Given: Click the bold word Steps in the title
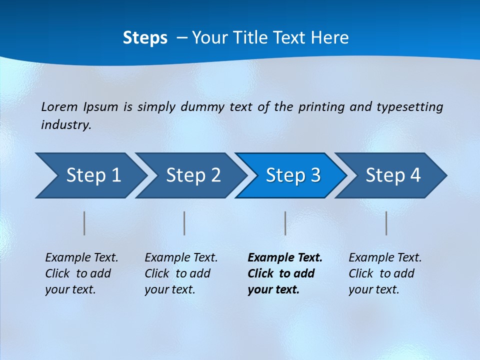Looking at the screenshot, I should pyautogui.click(x=145, y=38).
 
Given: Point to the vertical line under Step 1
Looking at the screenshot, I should pyautogui.click(x=84, y=223).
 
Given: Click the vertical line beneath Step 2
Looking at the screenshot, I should pyautogui.click(x=184, y=223).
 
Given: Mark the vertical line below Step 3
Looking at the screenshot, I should pyautogui.click(x=285, y=223).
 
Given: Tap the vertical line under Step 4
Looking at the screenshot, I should pyautogui.click(x=386, y=223).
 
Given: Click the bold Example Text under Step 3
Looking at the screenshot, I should pyautogui.click(x=285, y=258).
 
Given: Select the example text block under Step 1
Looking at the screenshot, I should pyautogui.click(x=81, y=273).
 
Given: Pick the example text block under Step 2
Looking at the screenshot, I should pyautogui.click(x=181, y=273).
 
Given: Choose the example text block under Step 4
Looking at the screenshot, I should pyautogui.click(x=385, y=273).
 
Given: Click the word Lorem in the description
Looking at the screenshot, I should pyautogui.click(x=59, y=107).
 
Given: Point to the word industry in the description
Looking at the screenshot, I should pyautogui.click(x=66, y=125).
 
